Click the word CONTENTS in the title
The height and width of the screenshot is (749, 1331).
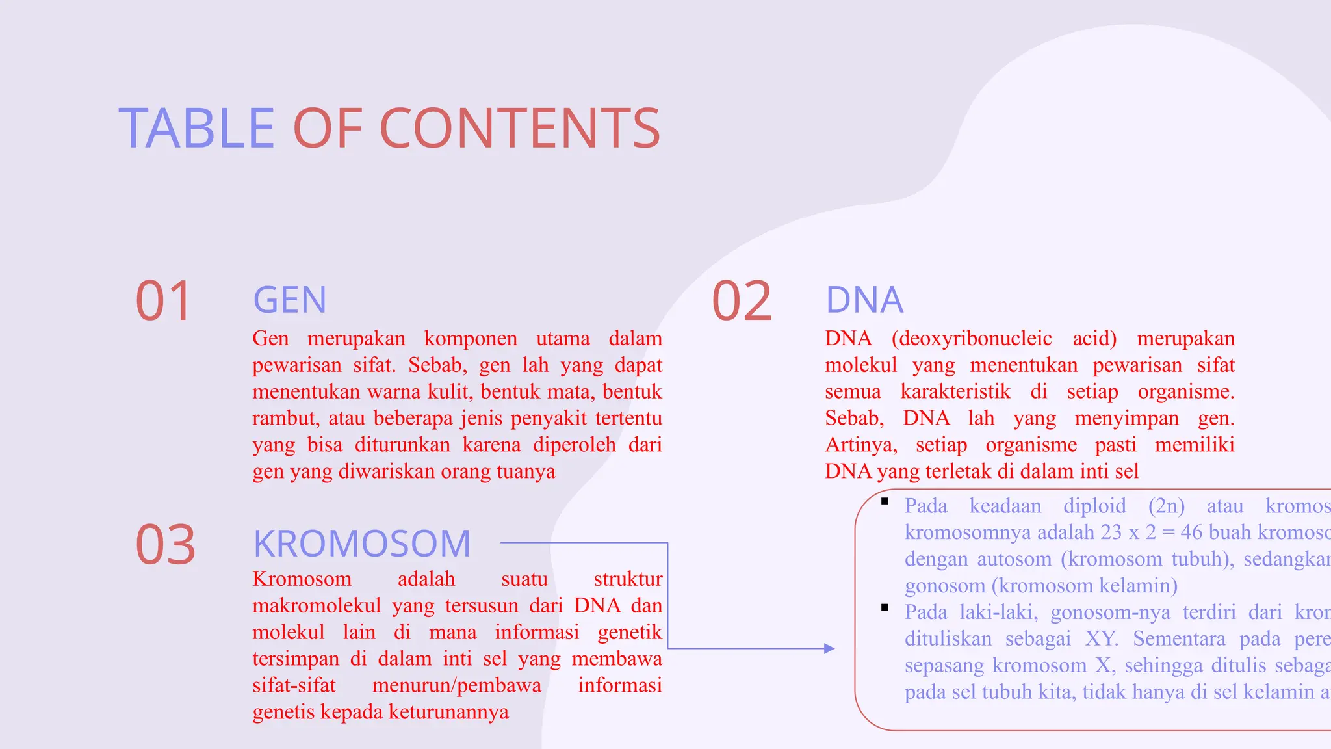point(519,128)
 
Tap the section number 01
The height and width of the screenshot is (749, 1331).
point(163,301)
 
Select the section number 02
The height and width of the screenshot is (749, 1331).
point(742,301)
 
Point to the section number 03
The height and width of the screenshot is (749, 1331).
point(165,545)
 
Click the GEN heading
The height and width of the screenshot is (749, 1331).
point(289,300)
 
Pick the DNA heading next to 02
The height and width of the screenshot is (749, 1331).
point(864,300)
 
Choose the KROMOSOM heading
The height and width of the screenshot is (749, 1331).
point(361,544)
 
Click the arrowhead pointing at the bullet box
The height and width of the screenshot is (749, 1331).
point(829,648)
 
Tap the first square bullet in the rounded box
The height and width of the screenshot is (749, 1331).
point(885,501)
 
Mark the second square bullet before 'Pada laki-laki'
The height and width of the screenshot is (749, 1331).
point(885,607)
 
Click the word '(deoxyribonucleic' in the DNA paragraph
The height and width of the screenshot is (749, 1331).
point(972,339)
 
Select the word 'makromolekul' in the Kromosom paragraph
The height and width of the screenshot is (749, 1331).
point(317,606)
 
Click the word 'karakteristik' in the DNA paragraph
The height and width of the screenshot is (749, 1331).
point(955,392)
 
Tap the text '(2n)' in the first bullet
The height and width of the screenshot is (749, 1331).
point(1166,506)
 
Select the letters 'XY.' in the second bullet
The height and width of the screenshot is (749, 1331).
point(1102,639)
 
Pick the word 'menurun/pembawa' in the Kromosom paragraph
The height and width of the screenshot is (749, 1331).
point(456,686)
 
